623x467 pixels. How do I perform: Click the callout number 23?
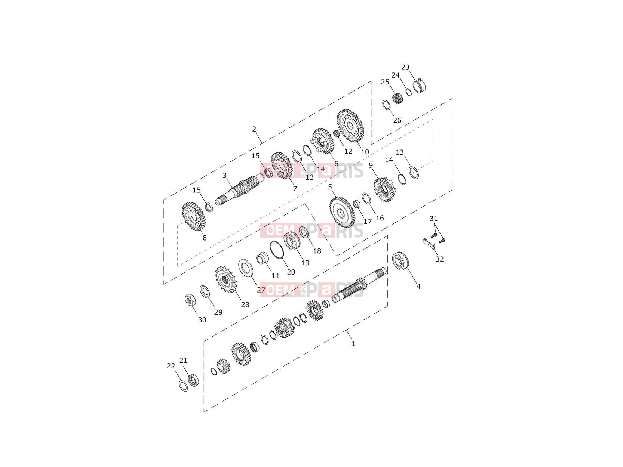405,67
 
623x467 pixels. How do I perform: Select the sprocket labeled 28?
225,279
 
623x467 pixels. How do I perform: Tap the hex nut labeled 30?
190,300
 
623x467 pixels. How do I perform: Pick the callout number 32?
439,259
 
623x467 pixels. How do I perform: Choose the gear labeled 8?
194,216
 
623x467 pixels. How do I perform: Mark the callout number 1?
353,344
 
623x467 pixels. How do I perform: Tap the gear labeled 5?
342,212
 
